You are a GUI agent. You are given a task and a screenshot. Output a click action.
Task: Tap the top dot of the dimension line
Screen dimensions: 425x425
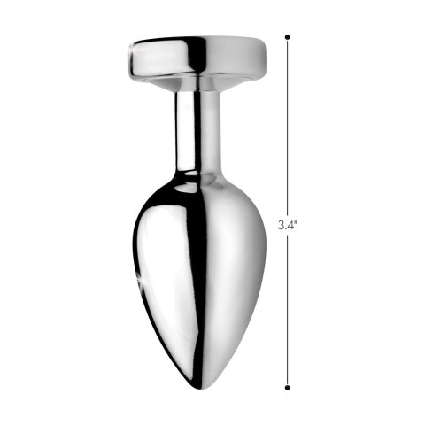point(288,38)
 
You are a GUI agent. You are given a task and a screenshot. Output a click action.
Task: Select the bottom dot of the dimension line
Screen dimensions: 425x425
point(288,387)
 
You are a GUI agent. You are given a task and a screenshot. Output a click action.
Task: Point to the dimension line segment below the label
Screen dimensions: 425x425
point(288,310)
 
